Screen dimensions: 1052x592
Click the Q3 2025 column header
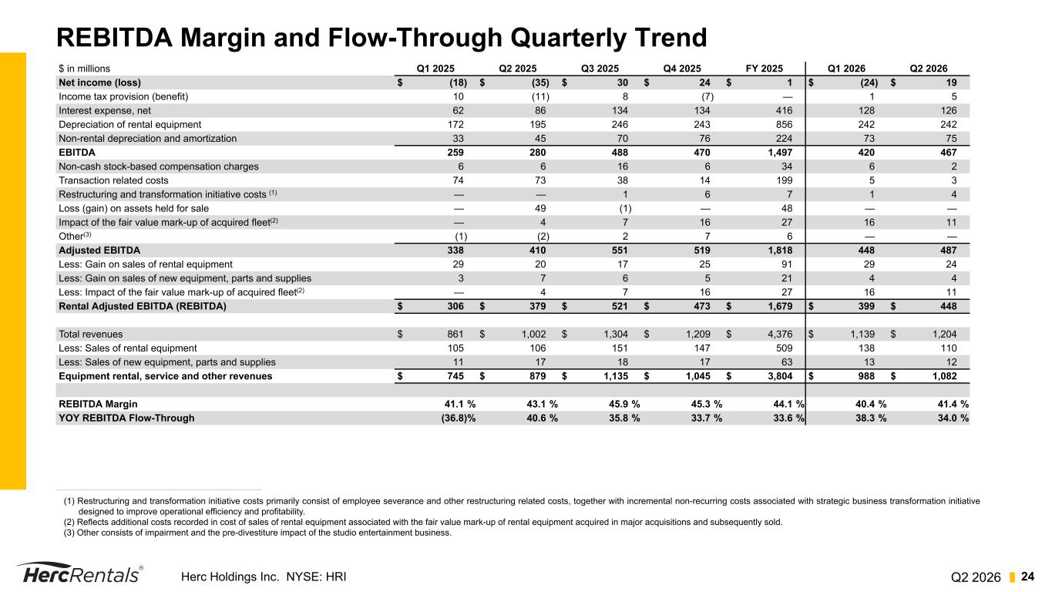(x=600, y=69)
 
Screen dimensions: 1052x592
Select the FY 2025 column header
(x=764, y=69)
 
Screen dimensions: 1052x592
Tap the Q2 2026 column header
(x=929, y=69)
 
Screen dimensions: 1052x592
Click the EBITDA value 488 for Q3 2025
(x=620, y=152)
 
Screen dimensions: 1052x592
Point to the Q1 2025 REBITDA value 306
(x=455, y=306)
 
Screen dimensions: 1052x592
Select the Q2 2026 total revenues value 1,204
(x=944, y=334)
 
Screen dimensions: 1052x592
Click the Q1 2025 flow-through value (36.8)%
(x=459, y=418)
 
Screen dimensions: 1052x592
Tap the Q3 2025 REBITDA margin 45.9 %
(x=624, y=404)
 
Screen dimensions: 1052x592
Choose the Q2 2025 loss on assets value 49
(x=540, y=208)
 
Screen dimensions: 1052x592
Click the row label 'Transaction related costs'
(x=113, y=180)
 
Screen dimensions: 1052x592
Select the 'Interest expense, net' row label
(x=105, y=111)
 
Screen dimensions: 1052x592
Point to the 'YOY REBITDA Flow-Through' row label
(x=126, y=418)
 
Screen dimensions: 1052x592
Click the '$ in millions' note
(x=84, y=69)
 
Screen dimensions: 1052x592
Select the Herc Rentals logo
(x=80, y=573)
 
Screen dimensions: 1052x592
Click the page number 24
(x=1027, y=577)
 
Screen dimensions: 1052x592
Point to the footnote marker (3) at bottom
(x=69, y=533)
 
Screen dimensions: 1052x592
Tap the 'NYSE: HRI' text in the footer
(x=316, y=577)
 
